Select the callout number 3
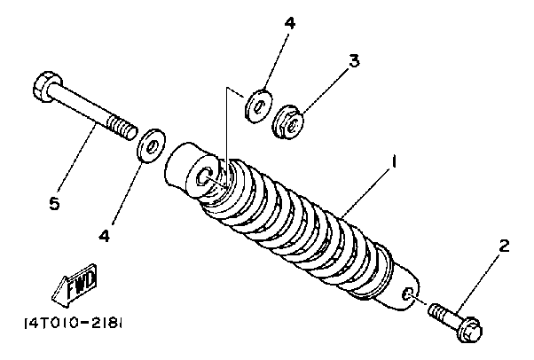click(353, 61)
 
